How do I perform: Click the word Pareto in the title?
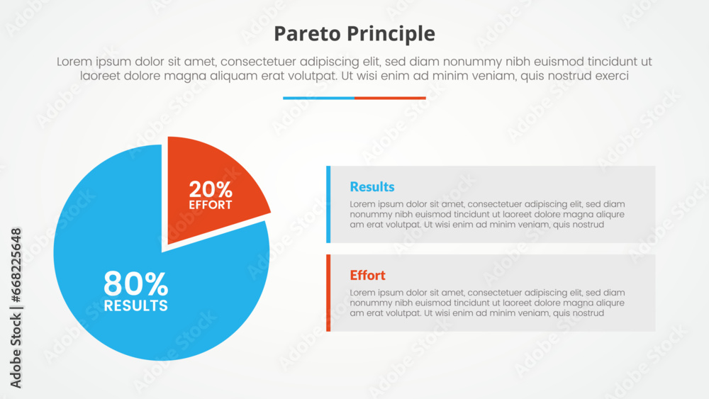(x=303, y=34)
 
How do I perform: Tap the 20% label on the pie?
(x=211, y=189)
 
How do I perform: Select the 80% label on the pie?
(x=136, y=285)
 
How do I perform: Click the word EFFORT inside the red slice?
(x=211, y=205)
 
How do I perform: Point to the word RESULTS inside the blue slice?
(x=136, y=306)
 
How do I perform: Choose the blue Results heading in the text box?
(x=372, y=187)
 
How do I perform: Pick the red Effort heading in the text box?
(x=368, y=276)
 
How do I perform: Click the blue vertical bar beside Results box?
(x=328, y=204)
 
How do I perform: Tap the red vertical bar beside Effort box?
(x=328, y=293)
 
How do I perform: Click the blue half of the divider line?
(x=318, y=98)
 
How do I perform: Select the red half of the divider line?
(x=390, y=98)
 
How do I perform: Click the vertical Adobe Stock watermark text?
(x=16, y=308)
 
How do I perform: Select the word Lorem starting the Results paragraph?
(x=362, y=204)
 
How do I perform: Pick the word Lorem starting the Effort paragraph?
(x=362, y=293)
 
